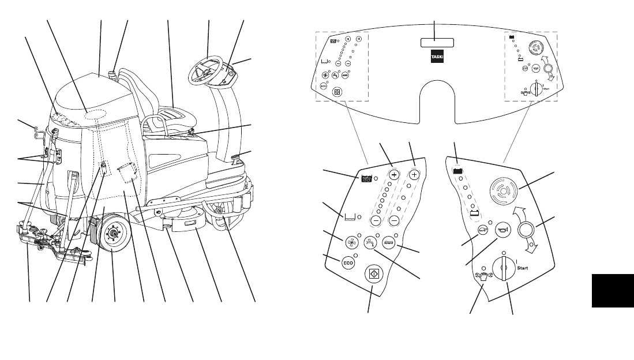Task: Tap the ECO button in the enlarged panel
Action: click(348, 262)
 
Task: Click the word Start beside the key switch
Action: click(523, 268)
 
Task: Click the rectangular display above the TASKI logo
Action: click(437, 43)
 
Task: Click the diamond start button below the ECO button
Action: click(373, 275)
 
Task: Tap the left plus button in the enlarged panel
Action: click(395, 174)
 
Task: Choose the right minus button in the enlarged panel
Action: click(395, 221)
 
